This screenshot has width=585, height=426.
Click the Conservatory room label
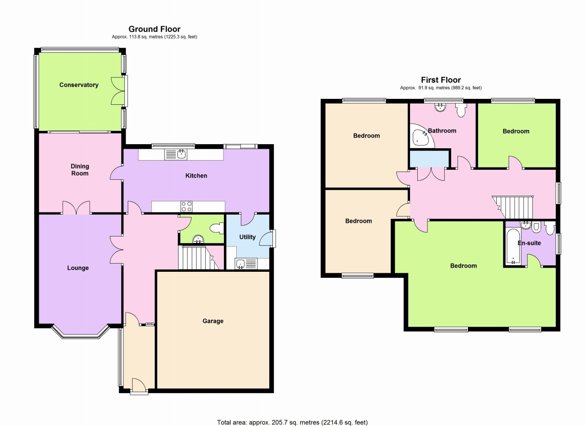pos(79,85)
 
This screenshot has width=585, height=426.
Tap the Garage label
pos(213,321)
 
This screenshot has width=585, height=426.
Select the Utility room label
pos(247,237)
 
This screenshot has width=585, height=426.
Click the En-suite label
pos(529,243)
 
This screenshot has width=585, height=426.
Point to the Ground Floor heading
pos(154,29)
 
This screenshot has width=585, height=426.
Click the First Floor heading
pos(441,80)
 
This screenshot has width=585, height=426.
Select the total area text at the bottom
pos(292,422)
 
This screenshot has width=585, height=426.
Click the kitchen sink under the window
pos(176,154)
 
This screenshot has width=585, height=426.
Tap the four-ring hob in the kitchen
pos(186,206)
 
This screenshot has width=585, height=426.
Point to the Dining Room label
pos(80,170)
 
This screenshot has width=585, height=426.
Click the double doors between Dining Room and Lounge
pos(76,209)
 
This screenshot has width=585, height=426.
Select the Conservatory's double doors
pos(120,92)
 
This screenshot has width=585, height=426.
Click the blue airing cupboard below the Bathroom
pos(429,159)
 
